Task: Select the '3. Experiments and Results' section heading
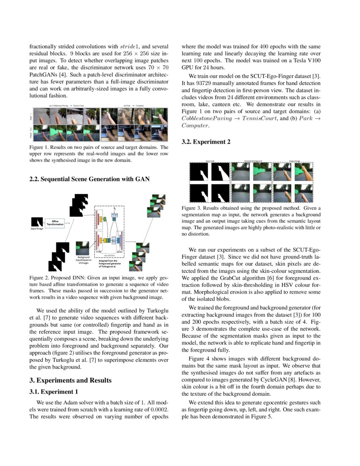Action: tap(70, 380)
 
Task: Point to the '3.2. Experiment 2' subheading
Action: tap(206, 142)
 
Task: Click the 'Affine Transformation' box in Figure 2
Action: tap(55, 223)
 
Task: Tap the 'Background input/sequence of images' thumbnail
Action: tap(82, 248)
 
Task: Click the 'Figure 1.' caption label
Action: tap(41, 147)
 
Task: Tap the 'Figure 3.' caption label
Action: tap(193, 208)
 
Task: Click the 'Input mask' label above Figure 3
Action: tap(210, 161)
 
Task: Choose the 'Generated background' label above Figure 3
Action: tap(253, 161)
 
